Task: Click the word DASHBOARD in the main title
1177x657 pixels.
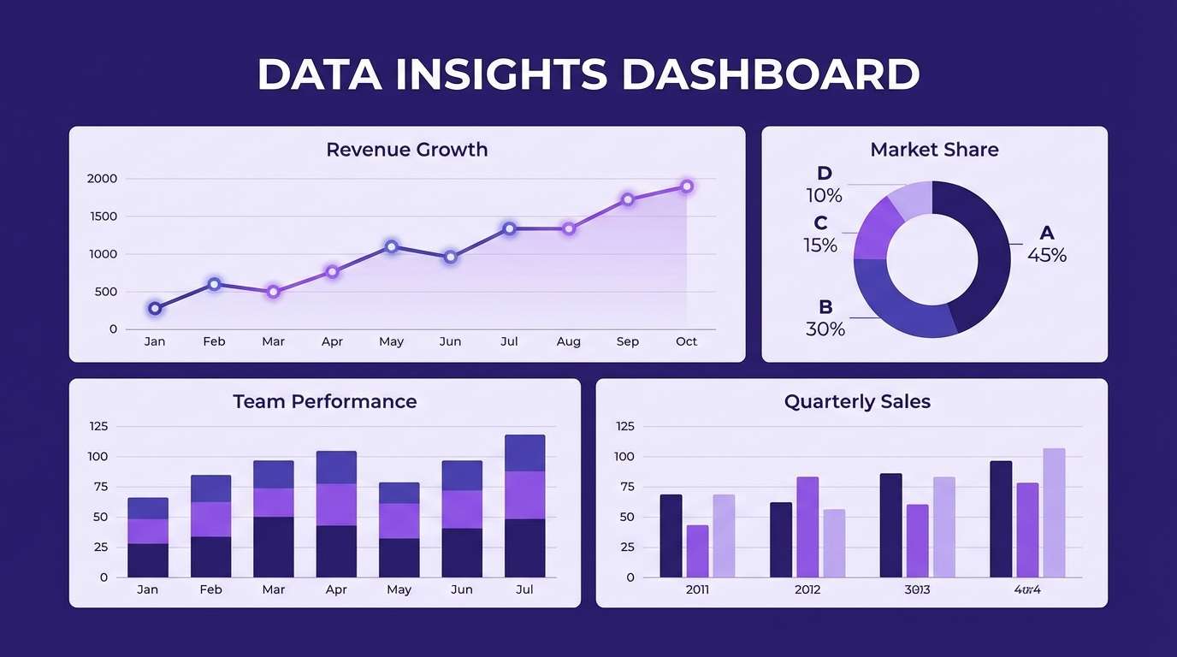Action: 770,74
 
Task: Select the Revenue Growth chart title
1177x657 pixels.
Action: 407,150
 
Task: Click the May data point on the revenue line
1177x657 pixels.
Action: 391,246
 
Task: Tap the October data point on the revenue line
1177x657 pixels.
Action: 686,186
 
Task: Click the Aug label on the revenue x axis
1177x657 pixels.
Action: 568,341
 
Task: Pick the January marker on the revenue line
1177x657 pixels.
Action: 155,308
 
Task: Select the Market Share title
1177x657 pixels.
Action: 934,150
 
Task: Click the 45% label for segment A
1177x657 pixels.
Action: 1047,255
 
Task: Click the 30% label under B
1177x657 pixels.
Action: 825,329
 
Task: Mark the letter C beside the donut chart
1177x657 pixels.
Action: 820,223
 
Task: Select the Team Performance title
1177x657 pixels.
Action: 325,401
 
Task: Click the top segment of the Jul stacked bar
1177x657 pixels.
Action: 524,453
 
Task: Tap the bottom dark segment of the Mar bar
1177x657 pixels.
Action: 273,547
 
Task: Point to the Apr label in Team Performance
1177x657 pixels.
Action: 336,589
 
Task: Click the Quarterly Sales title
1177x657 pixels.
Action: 857,401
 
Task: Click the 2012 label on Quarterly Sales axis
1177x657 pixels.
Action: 807,589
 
